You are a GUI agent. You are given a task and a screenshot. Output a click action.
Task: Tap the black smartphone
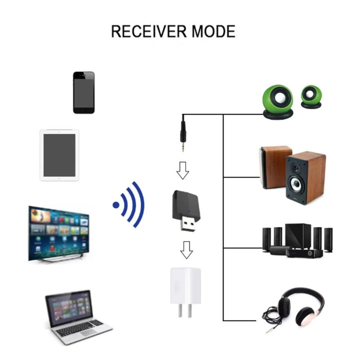(84, 92)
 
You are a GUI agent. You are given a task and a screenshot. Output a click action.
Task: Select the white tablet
(59, 155)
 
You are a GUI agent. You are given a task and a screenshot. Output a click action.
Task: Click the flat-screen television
(58, 233)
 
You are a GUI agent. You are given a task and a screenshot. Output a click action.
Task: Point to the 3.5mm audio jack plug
(183, 135)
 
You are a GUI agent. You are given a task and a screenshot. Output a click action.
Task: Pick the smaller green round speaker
(311, 97)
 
